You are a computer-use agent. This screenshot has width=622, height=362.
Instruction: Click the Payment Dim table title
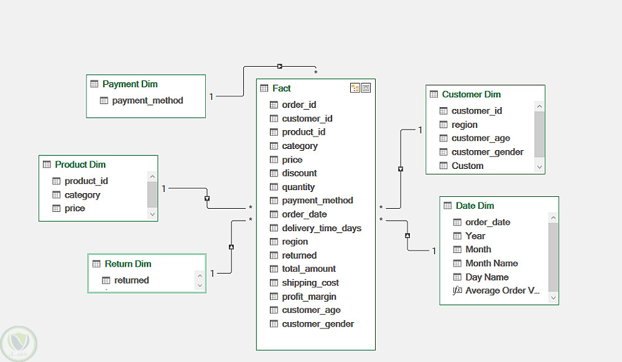130,84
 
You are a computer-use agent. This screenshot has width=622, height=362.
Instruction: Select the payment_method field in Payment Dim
147,100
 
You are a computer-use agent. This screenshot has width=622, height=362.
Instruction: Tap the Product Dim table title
80,164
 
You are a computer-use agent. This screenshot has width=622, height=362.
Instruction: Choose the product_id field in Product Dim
86,181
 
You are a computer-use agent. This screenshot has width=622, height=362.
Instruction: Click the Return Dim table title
128,264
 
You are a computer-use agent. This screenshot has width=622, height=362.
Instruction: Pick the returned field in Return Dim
131,280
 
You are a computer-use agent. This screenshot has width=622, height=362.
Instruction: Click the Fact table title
281,88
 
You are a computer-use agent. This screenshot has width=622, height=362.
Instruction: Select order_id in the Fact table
299,105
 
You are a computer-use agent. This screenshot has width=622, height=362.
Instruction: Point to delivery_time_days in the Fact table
322,228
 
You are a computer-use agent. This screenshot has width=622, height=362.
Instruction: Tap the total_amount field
309,269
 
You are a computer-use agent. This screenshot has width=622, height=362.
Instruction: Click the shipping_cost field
310,283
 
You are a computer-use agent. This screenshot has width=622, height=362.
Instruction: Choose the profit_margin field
309,297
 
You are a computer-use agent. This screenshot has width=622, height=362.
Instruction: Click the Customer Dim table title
471,95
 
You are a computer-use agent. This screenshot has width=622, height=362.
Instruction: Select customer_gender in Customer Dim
487,152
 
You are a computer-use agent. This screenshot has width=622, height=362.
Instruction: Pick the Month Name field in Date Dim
491,264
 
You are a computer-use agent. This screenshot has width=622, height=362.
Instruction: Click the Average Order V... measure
502,291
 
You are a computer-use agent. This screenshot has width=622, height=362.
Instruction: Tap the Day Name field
487,277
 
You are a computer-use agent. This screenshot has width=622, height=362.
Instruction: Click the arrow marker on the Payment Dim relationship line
280,66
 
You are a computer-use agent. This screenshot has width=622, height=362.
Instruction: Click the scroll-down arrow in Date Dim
553,298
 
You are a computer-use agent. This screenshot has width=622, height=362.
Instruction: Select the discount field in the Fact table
299,173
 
